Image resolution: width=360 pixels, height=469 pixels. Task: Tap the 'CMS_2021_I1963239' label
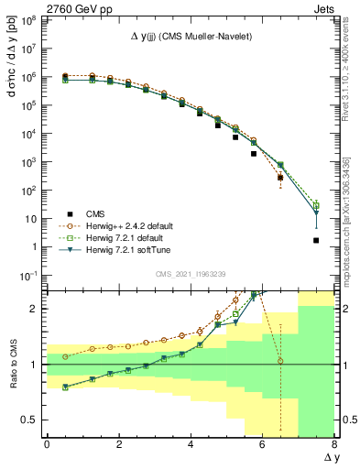[x=191, y=272]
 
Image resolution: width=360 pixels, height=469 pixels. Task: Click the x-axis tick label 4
[x=191, y=444]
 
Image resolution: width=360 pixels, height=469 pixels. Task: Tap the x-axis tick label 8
[x=334, y=444]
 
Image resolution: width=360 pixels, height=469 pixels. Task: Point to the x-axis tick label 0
[x=47, y=444]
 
